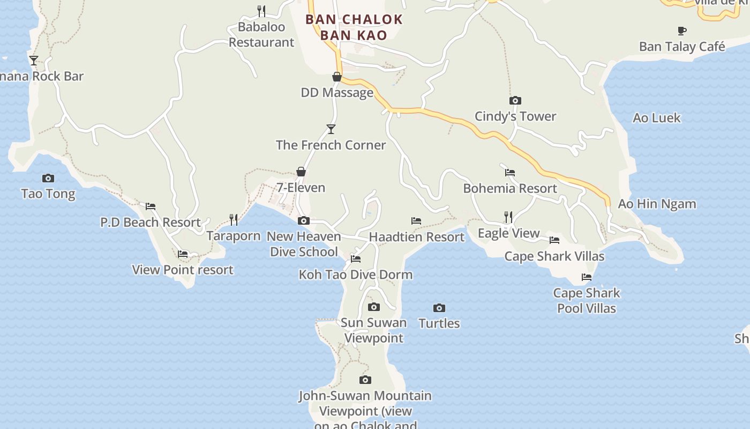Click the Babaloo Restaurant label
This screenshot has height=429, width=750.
[x=261, y=34]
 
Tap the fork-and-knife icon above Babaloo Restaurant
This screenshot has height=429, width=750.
[x=261, y=11]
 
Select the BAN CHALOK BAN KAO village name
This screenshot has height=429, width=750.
[x=354, y=27]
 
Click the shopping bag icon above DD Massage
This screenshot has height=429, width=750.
[x=337, y=77]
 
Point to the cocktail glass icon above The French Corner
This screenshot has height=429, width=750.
[x=331, y=129]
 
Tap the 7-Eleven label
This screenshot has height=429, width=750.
[x=301, y=188]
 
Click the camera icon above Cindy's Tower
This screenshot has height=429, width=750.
[x=515, y=100]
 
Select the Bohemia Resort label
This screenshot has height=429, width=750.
[x=510, y=188]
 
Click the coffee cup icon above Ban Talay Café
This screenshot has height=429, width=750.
[x=682, y=31]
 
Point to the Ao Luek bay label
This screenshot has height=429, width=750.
[x=656, y=118]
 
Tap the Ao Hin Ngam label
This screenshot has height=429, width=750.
[x=657, y=204]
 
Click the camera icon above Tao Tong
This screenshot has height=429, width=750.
[x=48, y=178]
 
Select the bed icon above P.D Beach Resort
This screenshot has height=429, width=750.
[x=151, y=206]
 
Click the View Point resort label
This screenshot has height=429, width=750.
[x=183, y=270]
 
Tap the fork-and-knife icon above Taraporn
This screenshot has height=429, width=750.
[x=234, y=220]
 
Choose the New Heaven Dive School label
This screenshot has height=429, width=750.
[x=303, y=244]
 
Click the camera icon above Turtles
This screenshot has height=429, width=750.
[x=439, y=308]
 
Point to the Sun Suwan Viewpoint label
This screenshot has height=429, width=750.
[x=373, y=330]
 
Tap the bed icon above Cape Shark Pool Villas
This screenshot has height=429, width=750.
[x=587, y=277]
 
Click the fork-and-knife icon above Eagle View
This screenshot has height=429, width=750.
[x=508, y=217]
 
